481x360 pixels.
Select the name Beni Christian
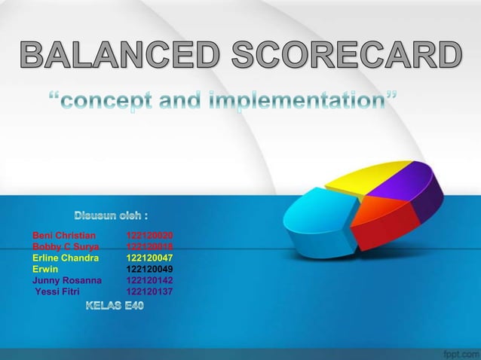64,236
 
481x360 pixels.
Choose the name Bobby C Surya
66,246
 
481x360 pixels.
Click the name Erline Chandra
66,258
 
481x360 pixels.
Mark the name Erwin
45,269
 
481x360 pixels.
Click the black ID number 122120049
149,269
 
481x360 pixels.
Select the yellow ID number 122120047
149,258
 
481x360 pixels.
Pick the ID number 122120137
149,291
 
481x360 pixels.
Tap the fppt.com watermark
457,352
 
